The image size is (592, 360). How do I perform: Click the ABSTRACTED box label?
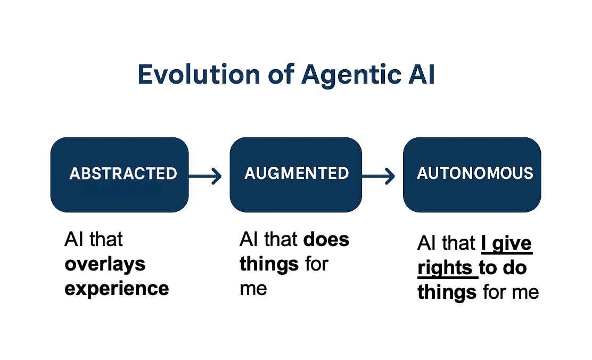tap(123, 174)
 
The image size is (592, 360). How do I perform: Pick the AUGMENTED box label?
tap(297, 173)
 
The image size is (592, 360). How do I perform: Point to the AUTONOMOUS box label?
tap(475, 173)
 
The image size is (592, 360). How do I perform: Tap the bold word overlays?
tap(105, 264)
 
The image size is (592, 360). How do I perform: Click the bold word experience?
tap(117, 288)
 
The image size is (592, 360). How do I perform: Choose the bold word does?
tap(326, 240)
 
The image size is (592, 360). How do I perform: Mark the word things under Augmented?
tap(269, 264)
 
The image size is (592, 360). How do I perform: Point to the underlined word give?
tap(512, 243)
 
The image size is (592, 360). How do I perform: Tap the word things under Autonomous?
tap(447, 292)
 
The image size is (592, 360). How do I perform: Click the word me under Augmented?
tap(253, 288)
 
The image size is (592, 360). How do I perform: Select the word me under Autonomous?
tap(524, 292)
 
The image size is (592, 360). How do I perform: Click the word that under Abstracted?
tap(105, 240)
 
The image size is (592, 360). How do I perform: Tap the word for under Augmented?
tap(317, 264)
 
